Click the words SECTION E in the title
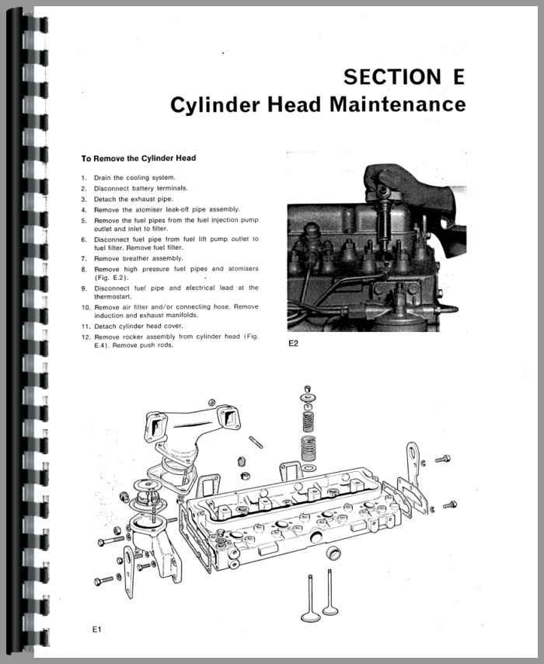[x=403, y=77]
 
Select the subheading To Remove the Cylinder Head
[x=138, y=159]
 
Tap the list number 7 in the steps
[x=85, y=258]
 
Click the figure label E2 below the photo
[x=293, y=343]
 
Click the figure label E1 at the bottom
[x=96, y=629]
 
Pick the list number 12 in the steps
[x=85, y=337]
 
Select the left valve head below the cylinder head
[x=306, y=617]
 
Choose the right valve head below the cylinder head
[x=330, y=609]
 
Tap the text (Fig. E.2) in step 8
[x=111, y=278]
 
